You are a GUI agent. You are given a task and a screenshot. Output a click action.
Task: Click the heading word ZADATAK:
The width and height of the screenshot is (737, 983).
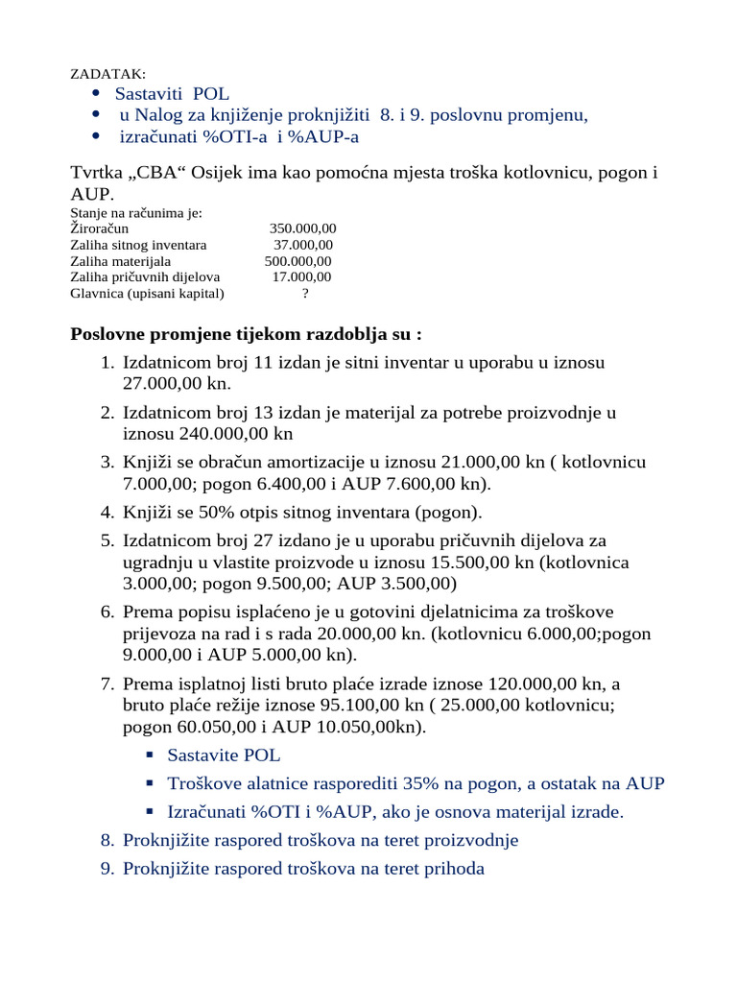[108, 75]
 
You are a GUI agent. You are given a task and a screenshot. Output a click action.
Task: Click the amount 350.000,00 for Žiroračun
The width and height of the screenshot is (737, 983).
[302, 228]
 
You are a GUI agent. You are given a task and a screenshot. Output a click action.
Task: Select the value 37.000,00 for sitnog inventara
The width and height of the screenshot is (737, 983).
[303, 245]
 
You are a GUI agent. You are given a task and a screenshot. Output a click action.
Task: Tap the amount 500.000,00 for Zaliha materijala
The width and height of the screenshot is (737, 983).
[298, 261]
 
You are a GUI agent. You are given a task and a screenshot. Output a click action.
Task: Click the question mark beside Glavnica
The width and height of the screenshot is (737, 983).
[305, 294]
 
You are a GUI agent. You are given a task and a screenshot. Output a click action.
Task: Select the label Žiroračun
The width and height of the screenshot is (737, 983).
[100, 228]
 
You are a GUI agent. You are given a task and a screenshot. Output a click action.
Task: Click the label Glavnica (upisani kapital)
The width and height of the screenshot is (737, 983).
[147, 294]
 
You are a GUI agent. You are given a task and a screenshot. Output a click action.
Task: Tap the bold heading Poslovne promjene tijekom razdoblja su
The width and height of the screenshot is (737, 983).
[246, 335]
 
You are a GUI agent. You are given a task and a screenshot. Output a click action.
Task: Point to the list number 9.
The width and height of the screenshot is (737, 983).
[107, 870]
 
